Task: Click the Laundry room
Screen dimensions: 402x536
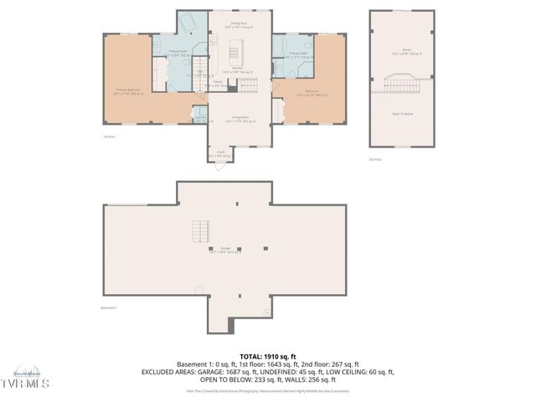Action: [200, 118]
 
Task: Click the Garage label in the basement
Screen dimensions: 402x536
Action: [225, 250]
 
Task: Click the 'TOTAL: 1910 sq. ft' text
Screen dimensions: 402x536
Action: [268, 357]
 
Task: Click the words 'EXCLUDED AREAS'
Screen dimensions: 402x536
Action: [173, 372]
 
